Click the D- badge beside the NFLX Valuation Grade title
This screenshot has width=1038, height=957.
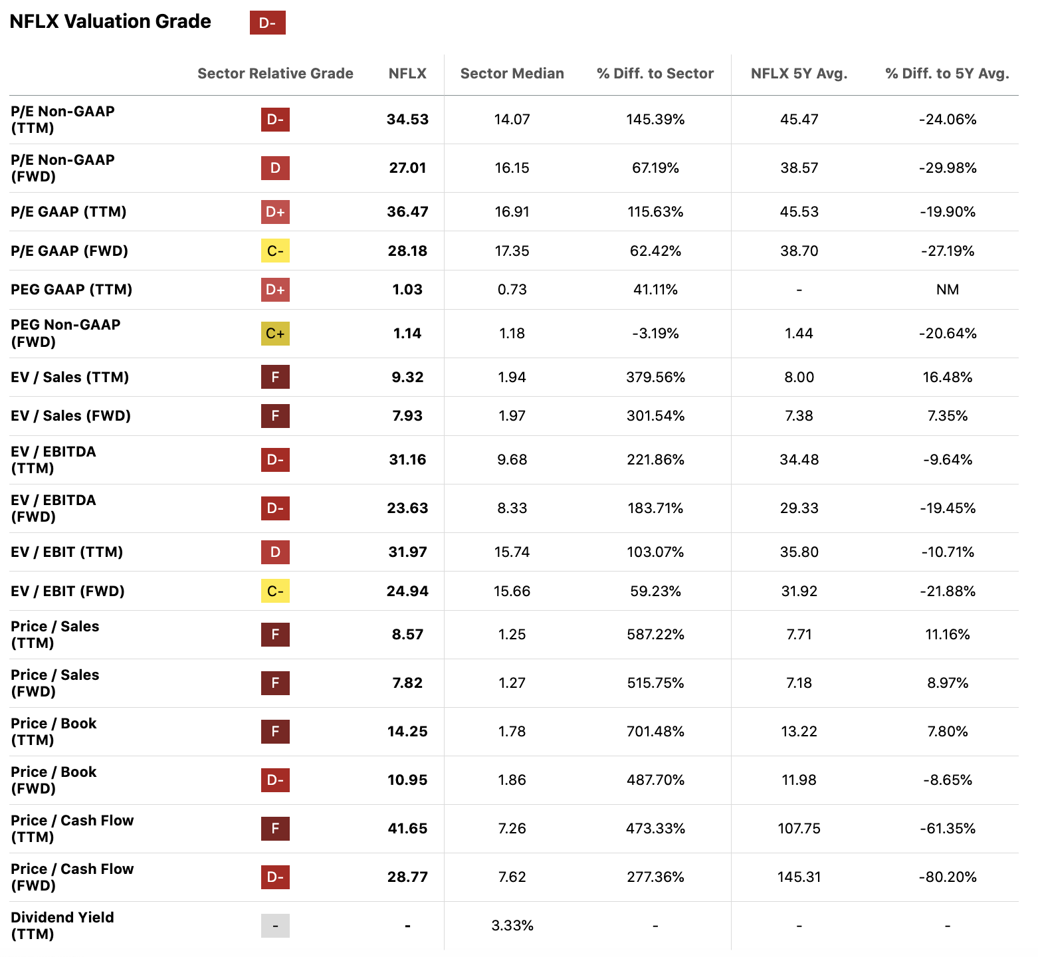(x=267, y=23)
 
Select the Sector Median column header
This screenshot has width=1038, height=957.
(x=512, y=74)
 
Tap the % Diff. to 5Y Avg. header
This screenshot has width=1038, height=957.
(x=947, y=74)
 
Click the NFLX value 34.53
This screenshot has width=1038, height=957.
(x=407, y=120)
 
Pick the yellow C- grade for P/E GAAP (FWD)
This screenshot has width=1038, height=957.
(x=275, y=251)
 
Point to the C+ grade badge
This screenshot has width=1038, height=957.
(x=275, y=334)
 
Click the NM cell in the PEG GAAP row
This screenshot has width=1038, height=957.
(x=947, y=290)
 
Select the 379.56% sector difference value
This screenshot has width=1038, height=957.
(x=655, y=377)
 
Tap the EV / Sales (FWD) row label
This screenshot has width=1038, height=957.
(x=70, y=416)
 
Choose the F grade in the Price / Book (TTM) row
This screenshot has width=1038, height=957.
(x=275, y=732)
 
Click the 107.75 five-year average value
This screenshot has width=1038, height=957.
(x=799, y=829)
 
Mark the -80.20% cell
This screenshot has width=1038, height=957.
(x=947, y=877)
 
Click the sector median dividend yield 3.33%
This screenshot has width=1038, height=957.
(x=512, y=926)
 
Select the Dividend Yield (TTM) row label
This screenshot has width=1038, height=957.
(x=62, y=926)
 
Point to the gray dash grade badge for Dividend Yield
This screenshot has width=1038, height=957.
(x=275, y=926)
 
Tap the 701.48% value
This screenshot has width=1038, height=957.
(x=655, y=732)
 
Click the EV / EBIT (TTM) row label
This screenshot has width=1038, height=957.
(x=66, y=552)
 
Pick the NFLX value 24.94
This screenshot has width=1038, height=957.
(x=407, y=591)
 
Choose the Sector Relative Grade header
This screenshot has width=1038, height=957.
(x=275, y=74)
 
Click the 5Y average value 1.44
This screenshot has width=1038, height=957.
(x=799, y=334)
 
